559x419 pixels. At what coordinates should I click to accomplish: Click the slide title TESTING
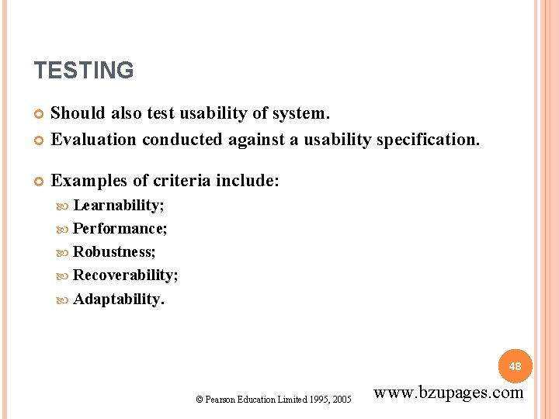tap(84, 71)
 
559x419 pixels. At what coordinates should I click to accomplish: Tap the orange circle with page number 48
tap(516, 365)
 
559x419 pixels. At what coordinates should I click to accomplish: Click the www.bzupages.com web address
tap(449, 393)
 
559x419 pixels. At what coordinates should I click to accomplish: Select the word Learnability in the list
tap(117, 206)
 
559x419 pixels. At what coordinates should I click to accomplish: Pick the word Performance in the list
tap(119, 229)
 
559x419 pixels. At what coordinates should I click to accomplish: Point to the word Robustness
tap(113, 252)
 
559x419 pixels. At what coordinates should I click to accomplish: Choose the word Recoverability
tap(124, 275)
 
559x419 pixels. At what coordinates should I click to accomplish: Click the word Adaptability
tap(117, 299)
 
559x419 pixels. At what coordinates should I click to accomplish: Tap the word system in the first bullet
tap(300, 113)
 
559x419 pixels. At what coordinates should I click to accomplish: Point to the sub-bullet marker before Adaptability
tap(64, 300)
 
